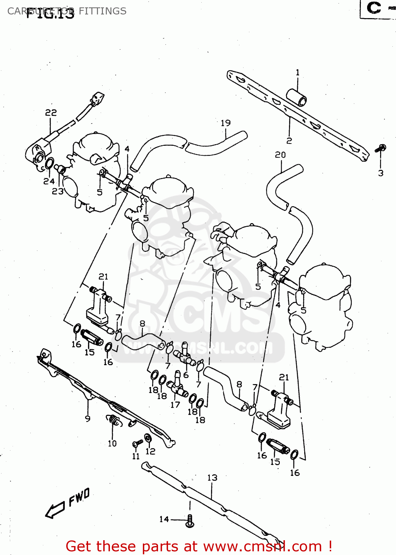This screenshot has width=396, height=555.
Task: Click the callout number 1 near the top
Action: pos(297,73)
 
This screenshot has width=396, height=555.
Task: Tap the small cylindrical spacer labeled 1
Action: pos(296,97)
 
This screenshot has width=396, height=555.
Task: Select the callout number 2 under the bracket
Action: pos(289,141)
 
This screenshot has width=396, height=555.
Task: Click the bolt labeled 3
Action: pos(380,149)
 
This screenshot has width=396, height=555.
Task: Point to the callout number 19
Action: pos(225,123)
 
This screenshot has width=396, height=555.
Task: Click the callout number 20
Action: pos(280,155)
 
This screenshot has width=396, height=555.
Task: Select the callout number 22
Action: pos(51,112)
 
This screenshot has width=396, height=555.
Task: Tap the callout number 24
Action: pos(49,181)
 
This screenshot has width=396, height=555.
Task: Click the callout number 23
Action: pos(58,191)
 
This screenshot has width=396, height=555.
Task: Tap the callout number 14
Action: pos(164,519)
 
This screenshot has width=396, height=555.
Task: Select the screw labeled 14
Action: pos(190,521)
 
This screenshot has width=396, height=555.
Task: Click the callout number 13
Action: pos(212,478)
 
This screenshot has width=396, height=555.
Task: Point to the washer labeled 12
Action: pos(148,438)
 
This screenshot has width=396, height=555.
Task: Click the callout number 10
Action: pos(112,443)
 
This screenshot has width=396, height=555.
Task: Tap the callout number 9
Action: pos(87,418)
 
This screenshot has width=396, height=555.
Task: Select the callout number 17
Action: pos(175,405)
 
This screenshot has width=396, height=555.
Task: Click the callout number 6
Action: pos(186,375)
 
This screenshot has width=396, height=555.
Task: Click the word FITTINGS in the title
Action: pos(103,11)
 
